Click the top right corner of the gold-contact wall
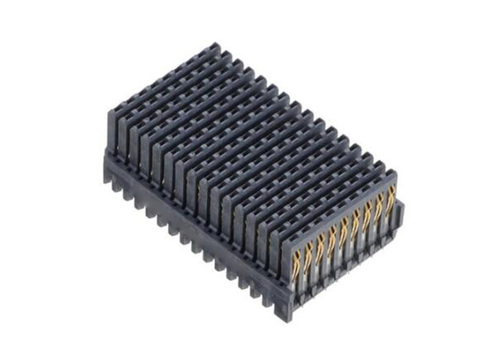(x=397, y=172)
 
